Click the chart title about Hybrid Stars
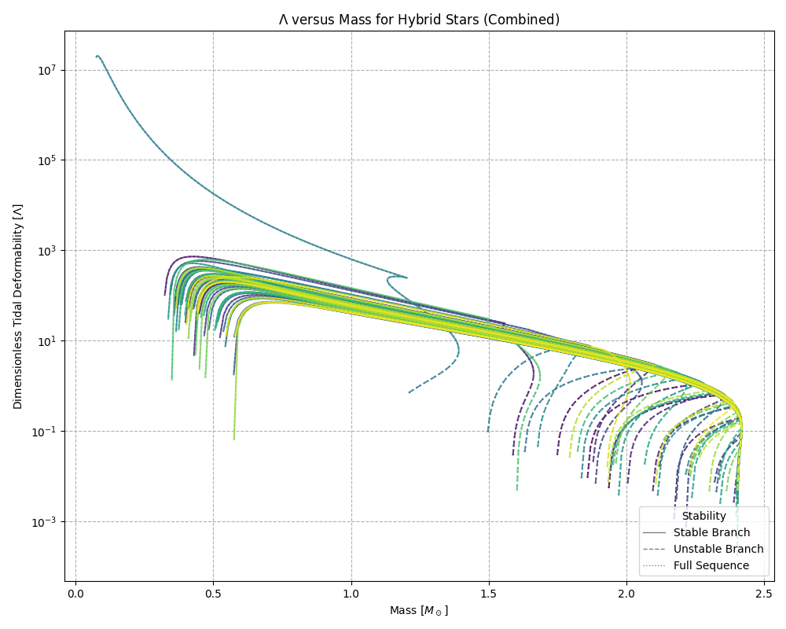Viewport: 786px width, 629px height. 419,20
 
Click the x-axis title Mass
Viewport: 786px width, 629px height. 419,610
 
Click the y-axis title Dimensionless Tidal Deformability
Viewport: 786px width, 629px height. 17,306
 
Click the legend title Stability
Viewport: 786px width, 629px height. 703,517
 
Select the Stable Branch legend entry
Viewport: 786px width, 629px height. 711,533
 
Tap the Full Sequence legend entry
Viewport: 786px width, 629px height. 711,565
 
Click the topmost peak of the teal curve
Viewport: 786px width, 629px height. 97,56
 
